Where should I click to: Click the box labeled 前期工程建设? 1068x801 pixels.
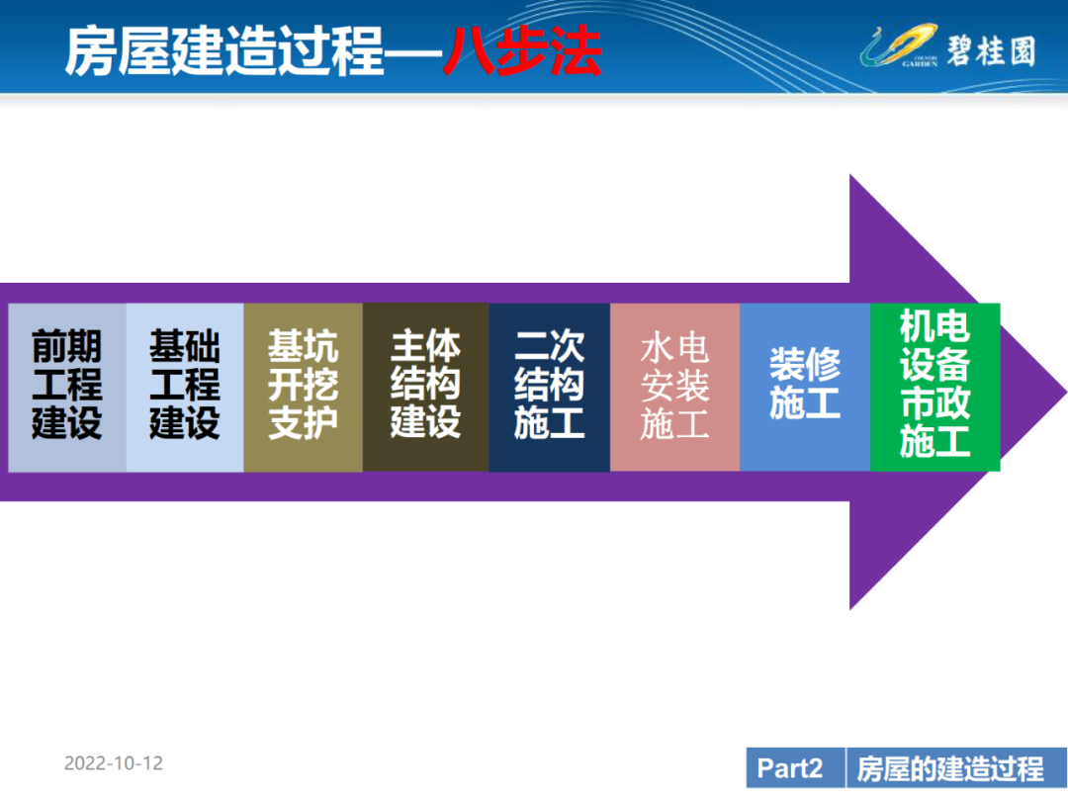tap(67, 387)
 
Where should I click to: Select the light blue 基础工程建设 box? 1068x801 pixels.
tap(185, 387)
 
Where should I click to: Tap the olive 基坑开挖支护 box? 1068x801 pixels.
tap(304, 387)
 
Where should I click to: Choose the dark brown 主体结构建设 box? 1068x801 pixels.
tap(425, 387)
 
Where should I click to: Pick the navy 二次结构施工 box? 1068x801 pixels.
tap(550, 387)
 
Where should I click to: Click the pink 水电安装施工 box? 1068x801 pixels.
tap(675, 387)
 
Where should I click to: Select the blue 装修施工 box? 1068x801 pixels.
tap(805, 387)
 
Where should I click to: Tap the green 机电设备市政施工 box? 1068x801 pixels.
tap(935, 387)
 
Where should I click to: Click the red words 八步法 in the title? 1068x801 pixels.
tap(522, 51)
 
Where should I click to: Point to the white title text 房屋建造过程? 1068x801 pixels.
tap(225, 51)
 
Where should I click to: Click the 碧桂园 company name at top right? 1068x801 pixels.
tap(991, 51)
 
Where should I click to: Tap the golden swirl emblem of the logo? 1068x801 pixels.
tap(899, 45)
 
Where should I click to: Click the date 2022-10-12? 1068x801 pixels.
tap(114, 762)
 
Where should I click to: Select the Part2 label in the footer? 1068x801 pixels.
tap(790, 768)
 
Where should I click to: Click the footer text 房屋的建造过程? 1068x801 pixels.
tap(950, 768)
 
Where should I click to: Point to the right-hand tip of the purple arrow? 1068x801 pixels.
tap(1066, 393)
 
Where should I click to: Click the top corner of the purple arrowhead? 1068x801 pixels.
tap(850, 175)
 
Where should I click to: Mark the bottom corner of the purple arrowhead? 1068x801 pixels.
tap(850, 609)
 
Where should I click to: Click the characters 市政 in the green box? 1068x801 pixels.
tap(935, 403)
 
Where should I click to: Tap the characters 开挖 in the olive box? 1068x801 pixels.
tap(304, 385)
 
